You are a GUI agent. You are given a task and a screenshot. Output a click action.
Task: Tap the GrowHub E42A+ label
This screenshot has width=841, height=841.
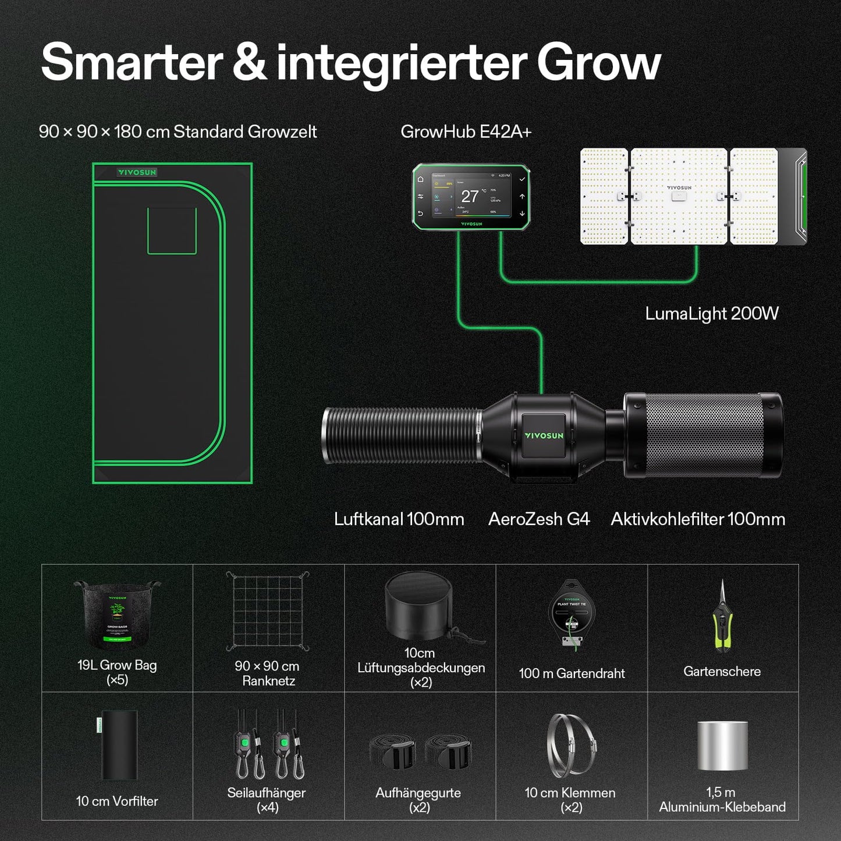(x=466, y=132)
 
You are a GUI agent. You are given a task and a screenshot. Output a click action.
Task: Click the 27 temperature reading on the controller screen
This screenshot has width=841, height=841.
(x=470, y=197)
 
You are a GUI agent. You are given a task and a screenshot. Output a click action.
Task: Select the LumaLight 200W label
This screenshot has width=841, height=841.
(x=711, y=314)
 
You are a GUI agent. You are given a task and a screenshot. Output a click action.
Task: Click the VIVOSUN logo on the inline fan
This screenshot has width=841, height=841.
(x=544, y=435)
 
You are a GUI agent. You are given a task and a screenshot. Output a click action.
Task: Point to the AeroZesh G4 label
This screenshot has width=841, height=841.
(x=539, y=519)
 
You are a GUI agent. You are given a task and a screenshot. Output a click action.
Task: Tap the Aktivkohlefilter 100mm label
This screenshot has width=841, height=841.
(x=698, y=519)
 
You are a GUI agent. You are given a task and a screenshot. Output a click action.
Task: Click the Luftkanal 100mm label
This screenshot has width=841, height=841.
(x=399, y=519)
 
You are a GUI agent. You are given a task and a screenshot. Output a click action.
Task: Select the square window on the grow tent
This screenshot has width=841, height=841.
(x=172, y=230)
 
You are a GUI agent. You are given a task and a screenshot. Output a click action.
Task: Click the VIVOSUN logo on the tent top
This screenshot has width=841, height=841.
(x=137, y=172)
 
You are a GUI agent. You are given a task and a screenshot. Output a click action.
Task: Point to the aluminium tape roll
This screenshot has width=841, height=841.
(x=722, y=746)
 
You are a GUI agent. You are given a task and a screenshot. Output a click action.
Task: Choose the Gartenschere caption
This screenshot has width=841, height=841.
(x=722, y=672)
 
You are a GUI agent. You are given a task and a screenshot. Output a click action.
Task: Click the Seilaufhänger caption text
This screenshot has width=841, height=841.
(x=267, y=793)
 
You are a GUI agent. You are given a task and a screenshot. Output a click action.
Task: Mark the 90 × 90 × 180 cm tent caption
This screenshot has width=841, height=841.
(x=178, y=132)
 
